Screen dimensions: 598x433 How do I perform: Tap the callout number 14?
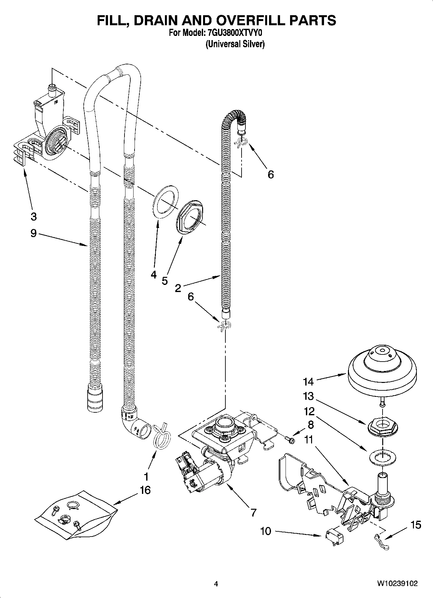[308, 382]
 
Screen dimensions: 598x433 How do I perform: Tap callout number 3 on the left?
[34, 217]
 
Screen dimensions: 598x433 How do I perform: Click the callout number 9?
[34, 233]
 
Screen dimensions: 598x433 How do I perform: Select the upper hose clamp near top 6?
[241, 142]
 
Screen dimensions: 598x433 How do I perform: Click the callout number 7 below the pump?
[253, 512]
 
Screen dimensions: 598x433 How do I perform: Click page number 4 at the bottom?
[216, 584]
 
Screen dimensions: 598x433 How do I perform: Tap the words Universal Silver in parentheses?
[235, 44]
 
